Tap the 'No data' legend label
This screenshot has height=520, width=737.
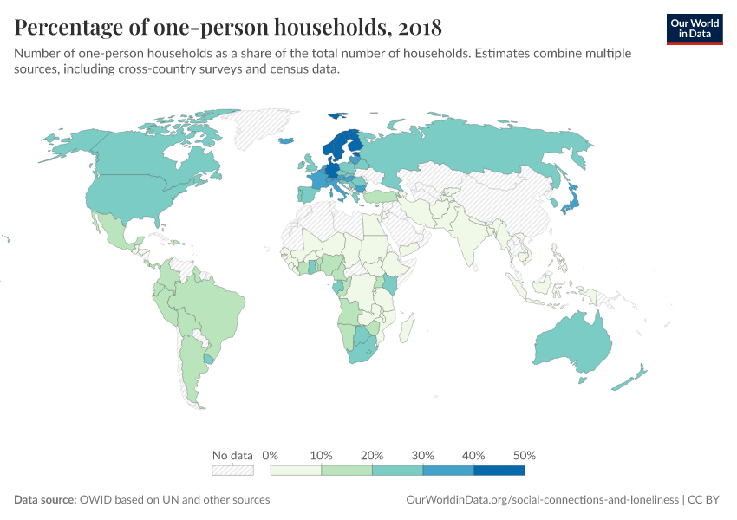232,455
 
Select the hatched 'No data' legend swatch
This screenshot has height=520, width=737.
232,470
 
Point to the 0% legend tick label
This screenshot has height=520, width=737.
271,455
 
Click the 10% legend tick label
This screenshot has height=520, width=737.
321,455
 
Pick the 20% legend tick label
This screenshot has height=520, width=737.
372,455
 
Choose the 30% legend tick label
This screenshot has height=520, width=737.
423,455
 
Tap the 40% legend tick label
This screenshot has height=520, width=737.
473,455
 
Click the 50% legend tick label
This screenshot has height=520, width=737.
524,455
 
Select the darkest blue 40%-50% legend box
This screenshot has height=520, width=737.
499,470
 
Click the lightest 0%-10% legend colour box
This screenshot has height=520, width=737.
296,470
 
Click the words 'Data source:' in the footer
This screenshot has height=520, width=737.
45,500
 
